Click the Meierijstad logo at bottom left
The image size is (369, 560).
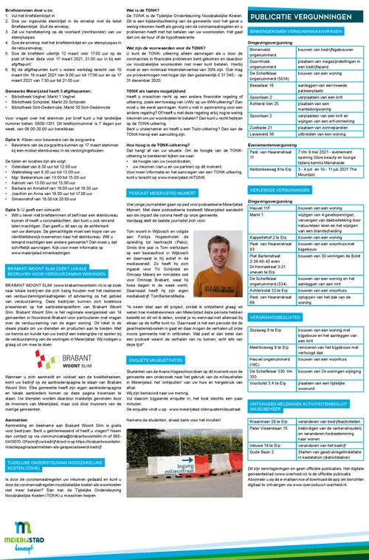25,533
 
